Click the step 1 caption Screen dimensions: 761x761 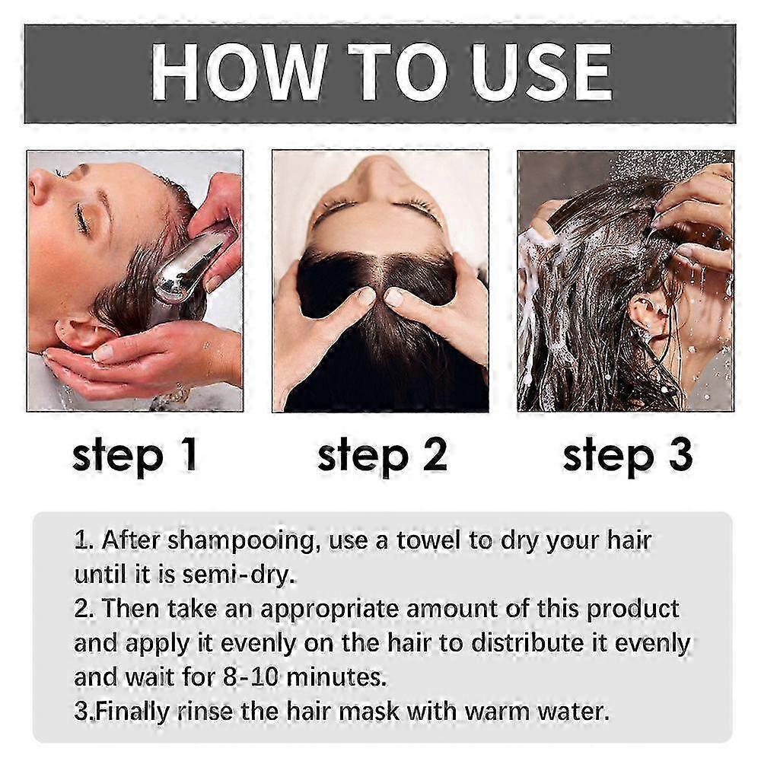pos(135,456)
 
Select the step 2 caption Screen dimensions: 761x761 pos(382,456)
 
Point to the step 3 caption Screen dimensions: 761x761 pos(628,456)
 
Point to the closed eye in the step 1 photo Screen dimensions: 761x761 pos(82,218)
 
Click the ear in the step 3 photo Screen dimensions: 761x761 pos(648,316)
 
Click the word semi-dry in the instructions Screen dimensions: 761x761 pos(238,575)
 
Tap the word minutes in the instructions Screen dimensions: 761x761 pos(336,677)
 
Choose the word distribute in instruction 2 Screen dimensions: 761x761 pos(527,643)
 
